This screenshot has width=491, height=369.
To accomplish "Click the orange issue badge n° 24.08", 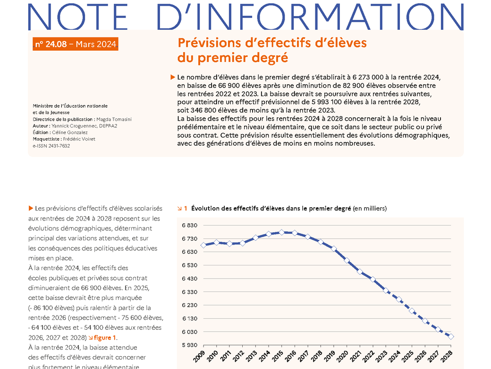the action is point(76,44).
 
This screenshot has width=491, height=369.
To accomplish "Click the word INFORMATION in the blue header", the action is point(310,17).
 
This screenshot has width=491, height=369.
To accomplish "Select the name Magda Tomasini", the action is point(114,119).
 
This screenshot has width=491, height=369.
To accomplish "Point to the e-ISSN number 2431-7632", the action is point(59,146).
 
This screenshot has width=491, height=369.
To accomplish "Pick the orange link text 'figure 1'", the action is point(105,338).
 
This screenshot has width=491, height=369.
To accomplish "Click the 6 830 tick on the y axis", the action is point(189,225).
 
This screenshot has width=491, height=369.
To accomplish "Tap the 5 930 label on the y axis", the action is point(189,345).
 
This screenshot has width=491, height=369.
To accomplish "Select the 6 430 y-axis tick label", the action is point(189,279).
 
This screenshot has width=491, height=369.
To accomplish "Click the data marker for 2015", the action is point(281,232).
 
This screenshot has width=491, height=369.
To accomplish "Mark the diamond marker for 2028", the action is point(451,336).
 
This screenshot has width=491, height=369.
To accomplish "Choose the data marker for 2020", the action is point(347,260).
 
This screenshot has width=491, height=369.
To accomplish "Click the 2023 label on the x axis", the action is point(381,356).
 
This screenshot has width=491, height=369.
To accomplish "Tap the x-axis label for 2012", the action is point(238,356).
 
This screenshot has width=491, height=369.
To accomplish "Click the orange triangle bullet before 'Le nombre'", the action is point(172,77).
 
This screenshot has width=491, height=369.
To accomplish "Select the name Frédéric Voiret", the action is point(79,139).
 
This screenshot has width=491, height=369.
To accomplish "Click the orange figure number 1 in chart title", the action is point(186,208).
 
